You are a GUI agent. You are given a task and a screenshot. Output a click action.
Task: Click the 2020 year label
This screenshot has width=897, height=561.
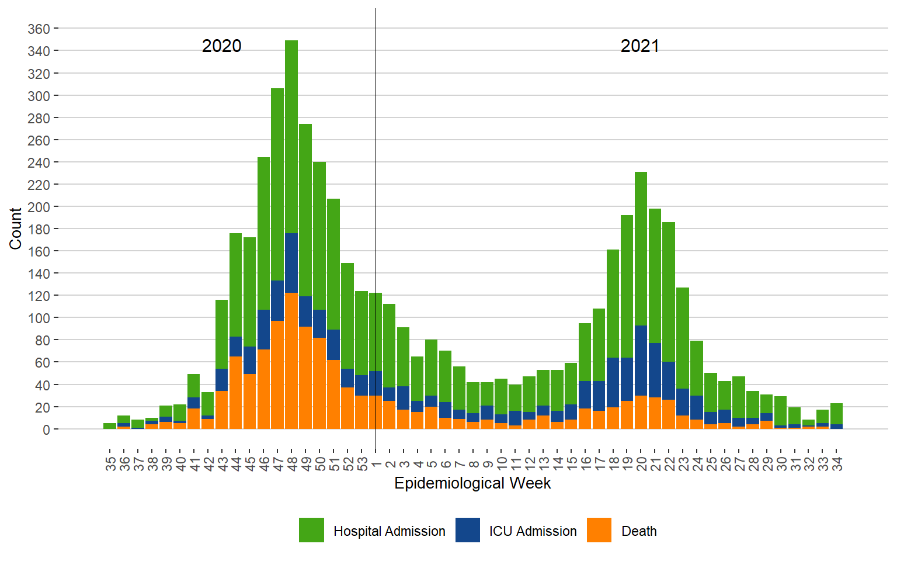point(221,46)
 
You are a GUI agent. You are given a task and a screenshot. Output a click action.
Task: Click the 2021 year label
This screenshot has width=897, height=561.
point(639,46)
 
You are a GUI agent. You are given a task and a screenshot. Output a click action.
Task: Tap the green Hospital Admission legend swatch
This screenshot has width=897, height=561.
point(311,530)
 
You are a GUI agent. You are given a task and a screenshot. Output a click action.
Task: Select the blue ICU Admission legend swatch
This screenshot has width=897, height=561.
point(468,530)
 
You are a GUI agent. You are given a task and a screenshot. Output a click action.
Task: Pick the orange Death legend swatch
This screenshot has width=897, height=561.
point(599,530)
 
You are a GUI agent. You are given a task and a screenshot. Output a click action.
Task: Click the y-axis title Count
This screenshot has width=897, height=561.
point(15,228)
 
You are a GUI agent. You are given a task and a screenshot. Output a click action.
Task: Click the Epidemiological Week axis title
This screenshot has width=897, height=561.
point(472,483)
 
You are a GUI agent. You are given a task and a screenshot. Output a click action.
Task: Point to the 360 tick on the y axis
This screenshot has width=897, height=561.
point(39,29)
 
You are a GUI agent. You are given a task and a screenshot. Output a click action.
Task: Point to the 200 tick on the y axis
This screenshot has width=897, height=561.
point(39,207)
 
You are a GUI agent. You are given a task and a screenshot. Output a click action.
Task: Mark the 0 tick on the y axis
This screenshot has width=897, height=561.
point(46,430)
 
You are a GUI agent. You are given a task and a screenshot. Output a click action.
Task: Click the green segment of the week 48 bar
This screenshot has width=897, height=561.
point(291,137)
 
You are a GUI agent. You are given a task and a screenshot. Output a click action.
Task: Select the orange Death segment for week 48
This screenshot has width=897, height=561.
point(291,361)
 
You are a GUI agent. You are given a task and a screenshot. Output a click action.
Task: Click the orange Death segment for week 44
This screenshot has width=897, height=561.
point(236,393)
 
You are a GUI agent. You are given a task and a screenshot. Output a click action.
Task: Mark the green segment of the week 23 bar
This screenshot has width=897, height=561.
point(683,338)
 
